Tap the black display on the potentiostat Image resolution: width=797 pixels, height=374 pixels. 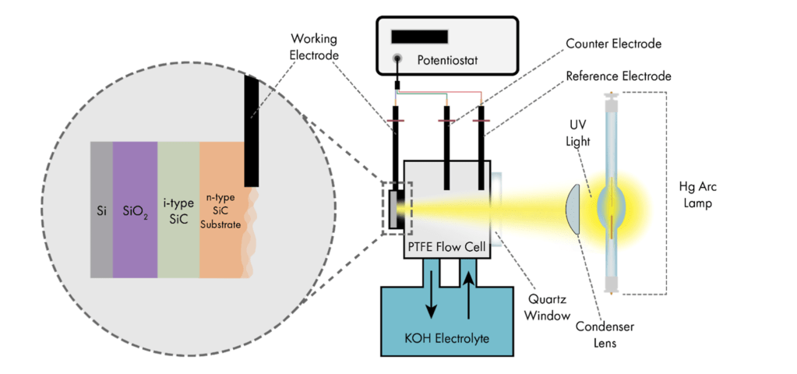click(419, 37)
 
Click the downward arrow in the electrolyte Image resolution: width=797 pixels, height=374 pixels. click(430, 298)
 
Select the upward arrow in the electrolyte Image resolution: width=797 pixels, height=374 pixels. click(468, 298)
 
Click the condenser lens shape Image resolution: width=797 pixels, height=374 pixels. click(573, 209)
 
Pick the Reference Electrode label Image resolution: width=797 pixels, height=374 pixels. click(618, 76)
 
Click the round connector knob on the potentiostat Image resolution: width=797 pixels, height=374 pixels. click(398, 58)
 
